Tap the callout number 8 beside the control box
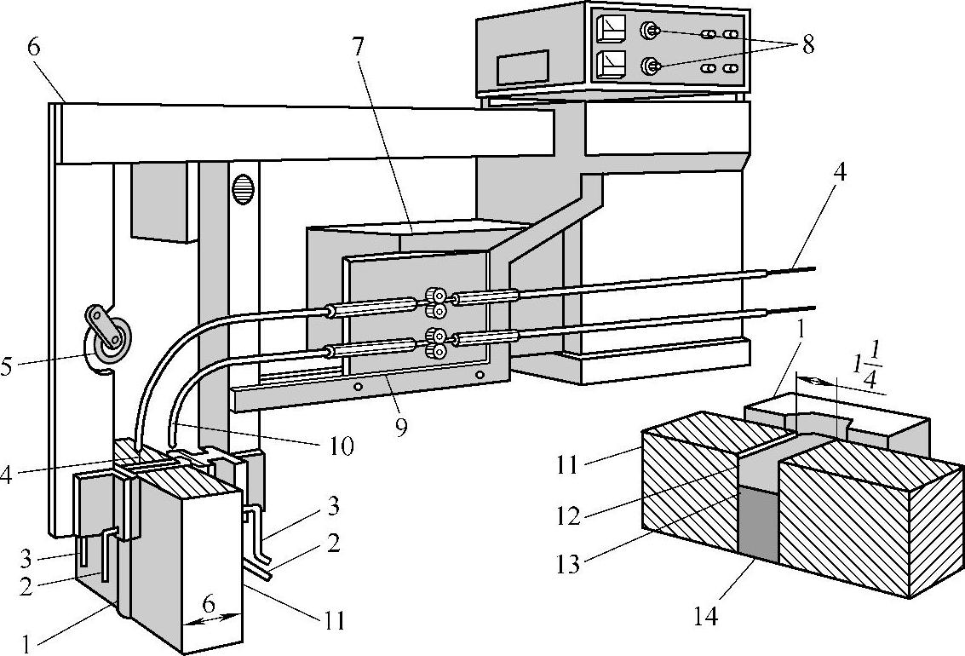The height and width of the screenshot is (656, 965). [x=807, y=44]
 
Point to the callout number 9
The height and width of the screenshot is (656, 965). [x=401, y=426]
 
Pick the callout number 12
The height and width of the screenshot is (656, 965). [x=569, y=516]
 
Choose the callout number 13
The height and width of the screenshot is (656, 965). [x=569, y=563]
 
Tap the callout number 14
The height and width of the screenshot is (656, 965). [x=706, y=614]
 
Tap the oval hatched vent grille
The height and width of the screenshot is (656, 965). [x=243, y=190]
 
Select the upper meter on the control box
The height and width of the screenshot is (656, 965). [x=610, y=27]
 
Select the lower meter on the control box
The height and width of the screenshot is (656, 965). [x=610, y=63]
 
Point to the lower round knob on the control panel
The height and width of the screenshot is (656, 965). [x=650, y=66]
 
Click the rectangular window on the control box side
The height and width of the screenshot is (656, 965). [x=522, y=66]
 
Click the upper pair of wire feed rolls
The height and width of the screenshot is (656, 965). [x=436, y=302]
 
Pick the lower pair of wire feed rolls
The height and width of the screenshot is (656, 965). [x=436, y=343]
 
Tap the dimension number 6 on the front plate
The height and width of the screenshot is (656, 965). [x=210, y=604]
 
